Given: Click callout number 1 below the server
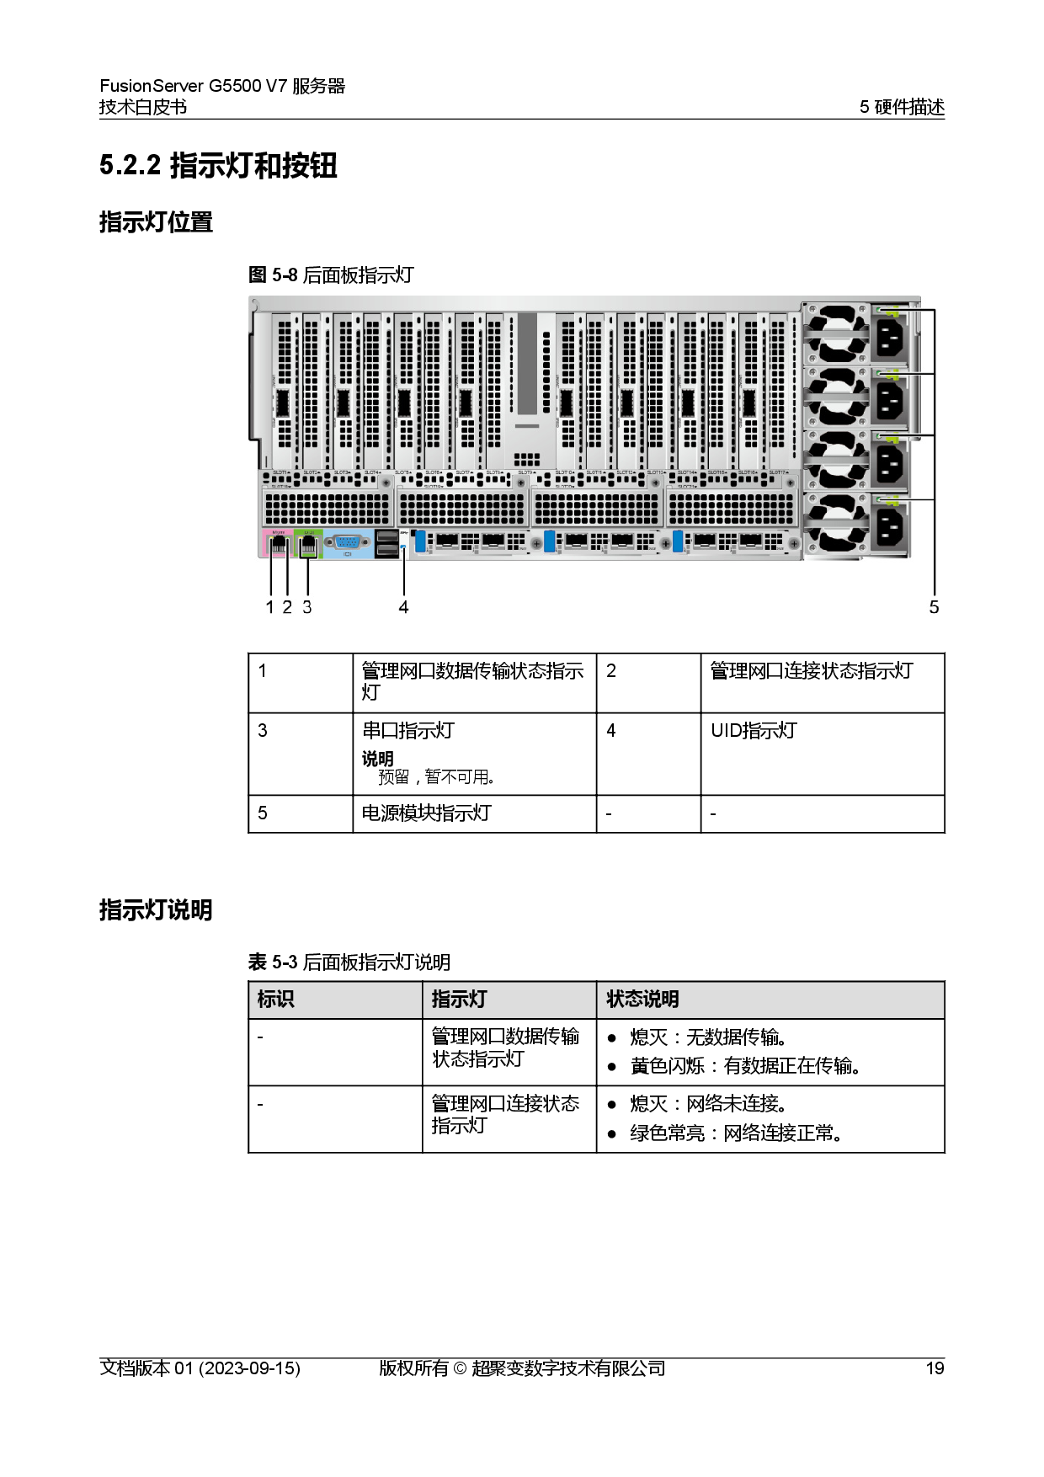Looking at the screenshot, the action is (269, 607).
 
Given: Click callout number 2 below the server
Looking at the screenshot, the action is (287, 607).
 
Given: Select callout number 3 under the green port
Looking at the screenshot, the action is (307, 607).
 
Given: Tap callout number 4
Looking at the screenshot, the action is (403, 607).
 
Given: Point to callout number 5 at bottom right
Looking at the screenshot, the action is (933, 607).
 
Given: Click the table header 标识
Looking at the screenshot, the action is (275, 1000).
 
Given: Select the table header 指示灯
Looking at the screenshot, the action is (459, 1000).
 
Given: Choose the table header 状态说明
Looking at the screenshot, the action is (642, 1000).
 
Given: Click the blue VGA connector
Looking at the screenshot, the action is (347, 543).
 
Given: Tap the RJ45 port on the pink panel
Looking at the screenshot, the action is (278, 545).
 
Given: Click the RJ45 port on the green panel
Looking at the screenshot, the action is (309, 545).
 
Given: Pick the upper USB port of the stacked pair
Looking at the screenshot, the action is (386, 536).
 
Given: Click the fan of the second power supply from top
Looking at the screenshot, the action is (837, 396).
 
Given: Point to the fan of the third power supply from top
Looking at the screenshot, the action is (837, 460).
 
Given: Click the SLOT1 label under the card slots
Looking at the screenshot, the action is (281, 472).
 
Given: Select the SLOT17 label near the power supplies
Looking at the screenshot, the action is (777, 472).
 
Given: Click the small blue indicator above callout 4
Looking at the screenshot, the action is (404, 547).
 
